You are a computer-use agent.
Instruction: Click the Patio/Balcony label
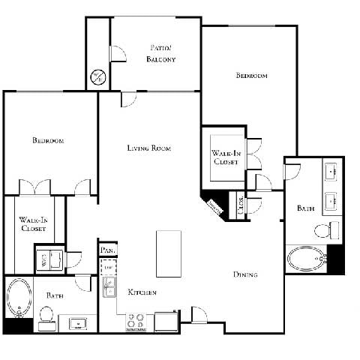pyautogui.click(x=161, y=54)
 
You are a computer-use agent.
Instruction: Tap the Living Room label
pyautogui.click(x=148, y=148)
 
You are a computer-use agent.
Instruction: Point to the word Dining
pyautogui.click(x=244, y=275)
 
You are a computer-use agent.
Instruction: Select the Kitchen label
pyautogui.click(x=141, y=292)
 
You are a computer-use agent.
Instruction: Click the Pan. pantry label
pyautogui.click(x=106, y=250)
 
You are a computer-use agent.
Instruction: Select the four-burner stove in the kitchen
pyautogui.click(x=136, y=321)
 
